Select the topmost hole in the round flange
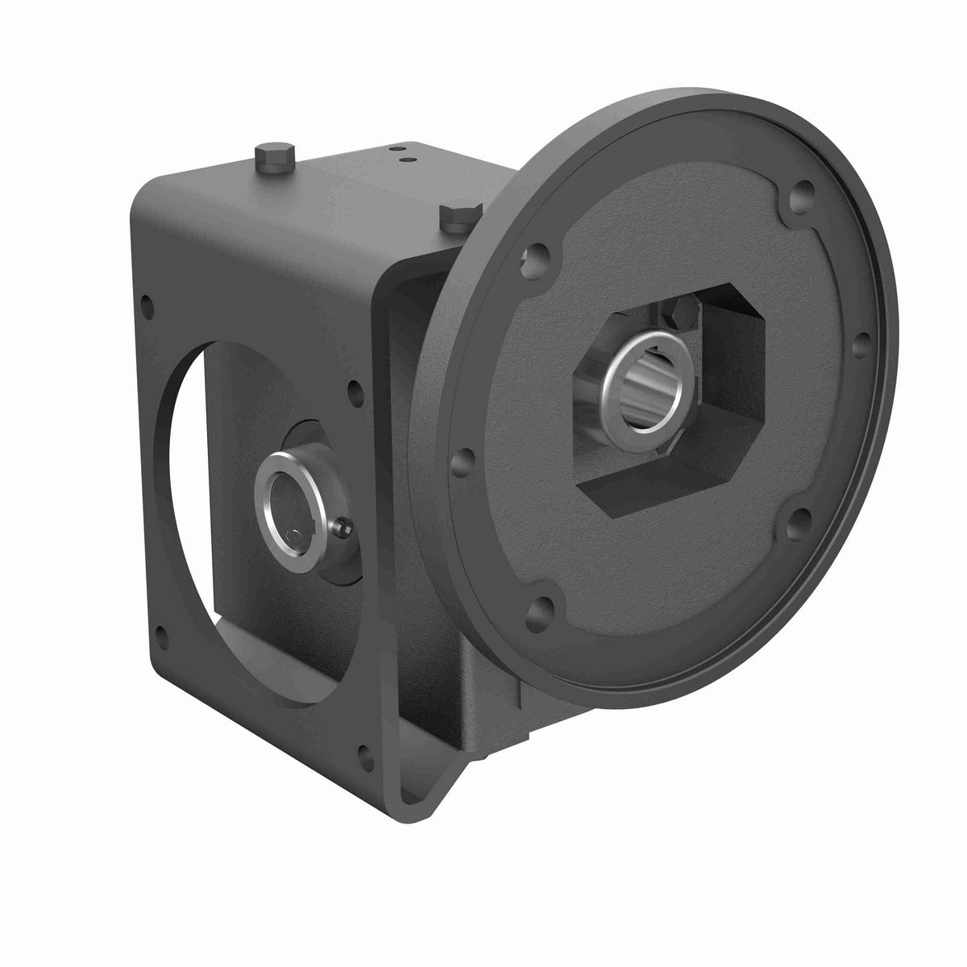pos(799,191)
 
